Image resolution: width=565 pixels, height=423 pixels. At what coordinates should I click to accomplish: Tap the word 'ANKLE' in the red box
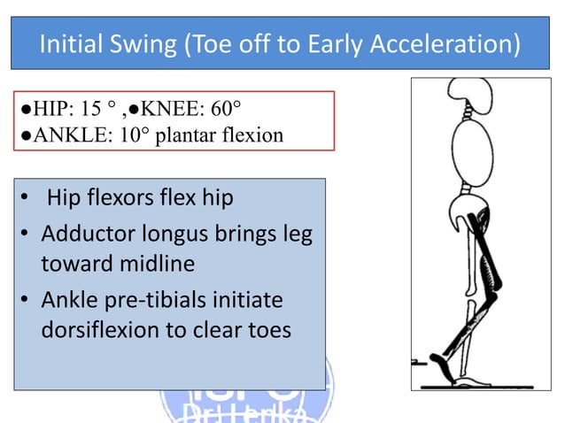click(58, 135)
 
